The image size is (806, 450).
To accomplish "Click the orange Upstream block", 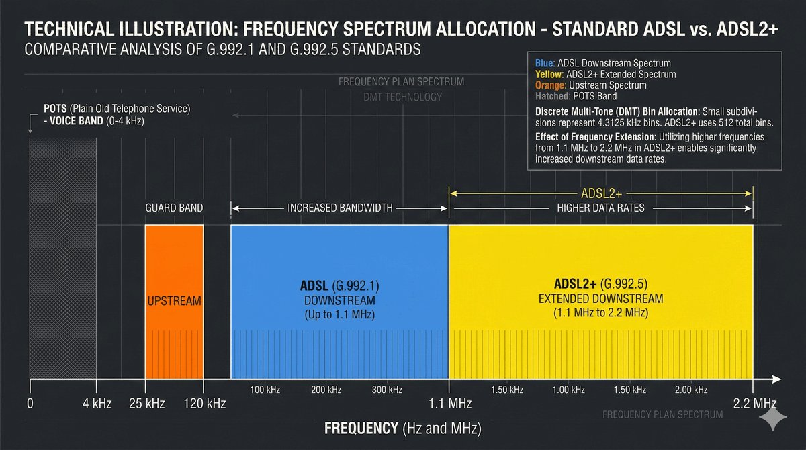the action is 174,302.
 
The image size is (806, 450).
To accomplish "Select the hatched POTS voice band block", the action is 63,259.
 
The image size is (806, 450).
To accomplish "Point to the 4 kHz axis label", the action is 97,404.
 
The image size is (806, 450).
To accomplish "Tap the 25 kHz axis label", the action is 147,404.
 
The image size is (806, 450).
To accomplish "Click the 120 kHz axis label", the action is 205,404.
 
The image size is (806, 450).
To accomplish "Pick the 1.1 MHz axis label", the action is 450,404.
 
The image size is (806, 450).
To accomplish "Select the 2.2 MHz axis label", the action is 755,404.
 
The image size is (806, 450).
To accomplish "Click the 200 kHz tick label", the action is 326,390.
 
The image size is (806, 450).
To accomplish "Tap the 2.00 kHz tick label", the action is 691,390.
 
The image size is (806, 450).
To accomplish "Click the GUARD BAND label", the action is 174,208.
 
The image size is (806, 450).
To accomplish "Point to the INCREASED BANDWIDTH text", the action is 340,208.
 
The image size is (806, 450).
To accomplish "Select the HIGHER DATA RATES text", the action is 600,208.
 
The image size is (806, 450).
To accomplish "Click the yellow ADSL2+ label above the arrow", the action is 601,193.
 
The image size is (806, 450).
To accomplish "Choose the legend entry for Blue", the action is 602,63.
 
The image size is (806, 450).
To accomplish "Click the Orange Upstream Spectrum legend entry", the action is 590,85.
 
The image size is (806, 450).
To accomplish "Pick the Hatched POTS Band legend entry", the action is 576,96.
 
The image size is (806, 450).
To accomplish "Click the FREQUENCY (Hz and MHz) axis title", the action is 402,428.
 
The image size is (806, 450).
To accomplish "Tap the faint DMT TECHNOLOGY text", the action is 402,97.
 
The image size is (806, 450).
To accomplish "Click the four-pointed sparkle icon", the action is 773,417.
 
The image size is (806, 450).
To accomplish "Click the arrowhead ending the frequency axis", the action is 777,379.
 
